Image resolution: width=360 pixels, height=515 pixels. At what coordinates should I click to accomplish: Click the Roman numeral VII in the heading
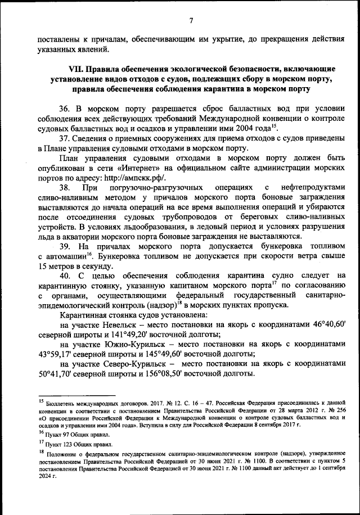[75, 69]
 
